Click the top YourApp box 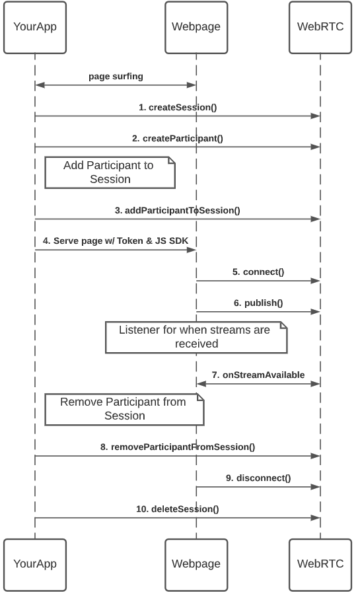(x=35, y=27)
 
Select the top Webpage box (x=196, y=27)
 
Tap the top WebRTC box (x=320, y=27)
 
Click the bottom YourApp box (x=35, y=564)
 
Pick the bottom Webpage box (x=196, y=564)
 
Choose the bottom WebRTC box (x=320, y=564)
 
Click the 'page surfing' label (x=116, y=76)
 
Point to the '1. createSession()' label (x=178, y=107)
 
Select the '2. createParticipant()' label (x=178, y=138)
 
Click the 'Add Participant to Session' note (x=110, y=172)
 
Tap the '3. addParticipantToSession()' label (x=178, y=210)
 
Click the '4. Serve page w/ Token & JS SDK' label (x=116, y=241)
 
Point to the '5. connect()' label (x=258, y=272)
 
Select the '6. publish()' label (x=258, y=303)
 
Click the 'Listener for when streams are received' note (x=196, y=337)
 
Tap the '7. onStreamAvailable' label (x=258, y=375)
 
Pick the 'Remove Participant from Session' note (x=124, y=409)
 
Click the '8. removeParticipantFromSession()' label (x=178, y=447)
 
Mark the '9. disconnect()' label (x=258, y=478)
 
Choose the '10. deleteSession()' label (x=178, y=509)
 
